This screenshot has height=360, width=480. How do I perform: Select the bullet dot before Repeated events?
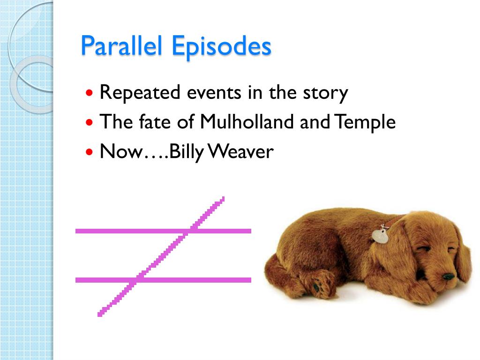click(90, 93)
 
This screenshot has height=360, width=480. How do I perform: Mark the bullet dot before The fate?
click(90, 123)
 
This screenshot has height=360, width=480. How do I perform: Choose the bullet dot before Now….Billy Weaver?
click(90, 152)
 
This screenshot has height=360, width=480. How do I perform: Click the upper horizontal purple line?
click(117, 231)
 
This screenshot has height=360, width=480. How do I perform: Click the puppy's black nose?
click(449, 277)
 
